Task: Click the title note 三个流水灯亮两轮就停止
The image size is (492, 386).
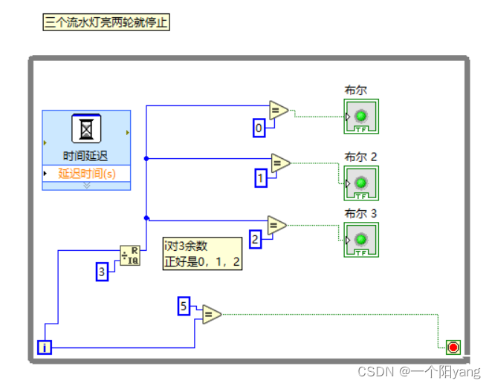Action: coord(106,23)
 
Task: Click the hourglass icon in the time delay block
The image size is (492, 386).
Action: coord(86,129)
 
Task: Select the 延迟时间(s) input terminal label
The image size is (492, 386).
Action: coord(87,174)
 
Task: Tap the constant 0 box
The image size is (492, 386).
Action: coord(259,128)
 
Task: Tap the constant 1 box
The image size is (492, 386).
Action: coord(261,178)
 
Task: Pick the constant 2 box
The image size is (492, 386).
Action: coord(255,239)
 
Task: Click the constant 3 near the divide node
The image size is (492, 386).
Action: coord(103,272)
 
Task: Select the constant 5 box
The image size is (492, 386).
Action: coord(184,305)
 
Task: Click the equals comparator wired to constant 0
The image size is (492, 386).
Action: coord(279,111)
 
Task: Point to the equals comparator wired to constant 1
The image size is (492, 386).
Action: coord(280,163)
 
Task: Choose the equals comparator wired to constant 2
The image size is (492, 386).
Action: coord(276,225)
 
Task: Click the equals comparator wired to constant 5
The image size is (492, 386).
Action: coord(211,315)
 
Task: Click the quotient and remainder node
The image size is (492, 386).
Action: coord(129,256)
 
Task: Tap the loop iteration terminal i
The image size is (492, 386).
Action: coord(45,347)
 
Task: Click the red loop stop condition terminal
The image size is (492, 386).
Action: coord(453,347)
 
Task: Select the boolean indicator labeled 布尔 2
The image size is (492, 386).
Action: coord(360,183)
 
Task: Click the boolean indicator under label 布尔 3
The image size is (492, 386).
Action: coord(360,240)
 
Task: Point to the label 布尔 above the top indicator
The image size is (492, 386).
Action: coord(355,91)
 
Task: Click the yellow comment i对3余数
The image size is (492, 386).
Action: coord(203,254)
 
